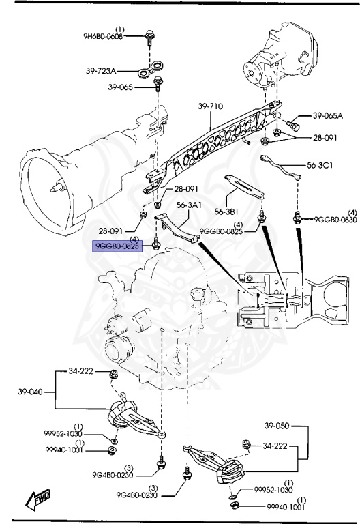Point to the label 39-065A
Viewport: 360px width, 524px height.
pyautogui.click(x=328, y=116)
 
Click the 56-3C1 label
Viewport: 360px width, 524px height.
pyautogui.click(x=320, y=165)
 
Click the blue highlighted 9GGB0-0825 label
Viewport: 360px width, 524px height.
pyautogui.click(x=117, y=246)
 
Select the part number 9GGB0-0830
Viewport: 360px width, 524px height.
pyautogui.click(x=335, y=219)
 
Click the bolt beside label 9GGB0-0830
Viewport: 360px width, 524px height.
pyautogui.click(x=297, y=218)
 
